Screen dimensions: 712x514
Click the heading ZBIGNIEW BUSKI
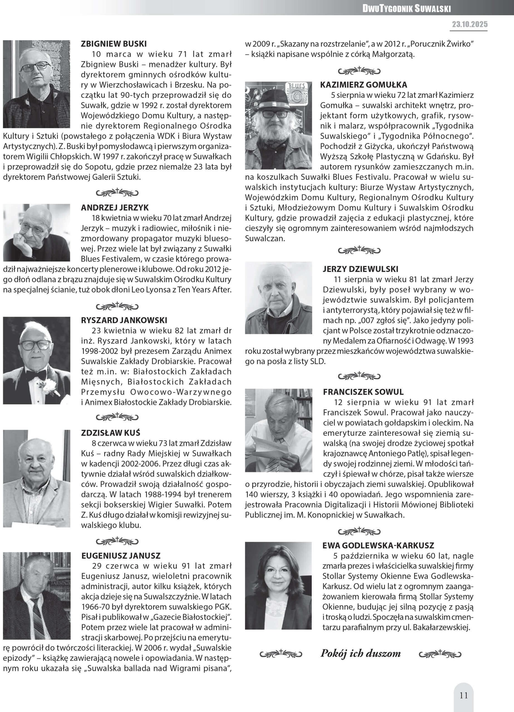(114, 44)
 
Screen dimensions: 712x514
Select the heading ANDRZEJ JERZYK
(115, 207)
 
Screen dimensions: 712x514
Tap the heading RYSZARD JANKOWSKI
(124, 320)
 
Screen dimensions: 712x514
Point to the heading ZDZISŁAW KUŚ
(110, 432)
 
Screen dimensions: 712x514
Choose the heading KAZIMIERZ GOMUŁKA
(363, 85)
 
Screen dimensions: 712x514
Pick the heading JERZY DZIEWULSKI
(360, 269)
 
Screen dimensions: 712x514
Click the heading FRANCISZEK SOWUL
(363, 392)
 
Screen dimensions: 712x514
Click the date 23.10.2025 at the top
(470, 24)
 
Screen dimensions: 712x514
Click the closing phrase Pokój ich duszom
(361, 654)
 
